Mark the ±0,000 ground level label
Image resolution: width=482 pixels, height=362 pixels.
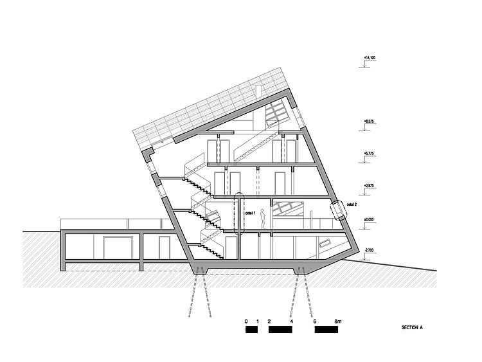tap(370, 219)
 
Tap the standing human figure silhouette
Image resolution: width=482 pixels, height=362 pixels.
tap(263, 219)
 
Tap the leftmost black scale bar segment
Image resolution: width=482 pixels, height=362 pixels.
tap(251, 329)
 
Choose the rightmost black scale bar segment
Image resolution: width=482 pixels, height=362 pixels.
tap(326, 329)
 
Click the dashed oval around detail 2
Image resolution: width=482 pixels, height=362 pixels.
tap(337, 211)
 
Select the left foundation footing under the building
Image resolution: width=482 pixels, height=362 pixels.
tap(200, 269)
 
